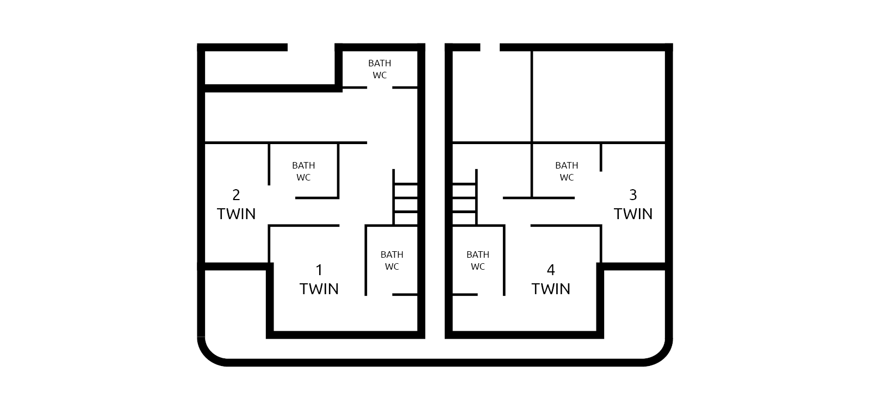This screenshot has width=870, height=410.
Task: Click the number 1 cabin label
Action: (319, 270)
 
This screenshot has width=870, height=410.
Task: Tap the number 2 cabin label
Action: (236, 195)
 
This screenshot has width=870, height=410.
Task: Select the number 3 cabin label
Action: (633, 195)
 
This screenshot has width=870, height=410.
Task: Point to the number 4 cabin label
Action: (551, 270)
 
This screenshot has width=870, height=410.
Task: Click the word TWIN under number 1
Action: (319, 289)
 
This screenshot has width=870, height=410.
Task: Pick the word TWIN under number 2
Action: (236, 214)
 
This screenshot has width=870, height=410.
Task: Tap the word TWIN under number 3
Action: (633, 214)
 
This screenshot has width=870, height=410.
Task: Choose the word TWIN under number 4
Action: (551, 289)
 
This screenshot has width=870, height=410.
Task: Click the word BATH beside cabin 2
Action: (304, 165)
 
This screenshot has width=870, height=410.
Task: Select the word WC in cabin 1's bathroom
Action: (392, 267)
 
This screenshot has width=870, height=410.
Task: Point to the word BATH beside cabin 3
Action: (567, 165)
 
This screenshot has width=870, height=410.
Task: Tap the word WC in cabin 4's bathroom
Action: (478, 267)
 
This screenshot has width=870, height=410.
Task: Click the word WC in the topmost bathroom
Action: (380, 76)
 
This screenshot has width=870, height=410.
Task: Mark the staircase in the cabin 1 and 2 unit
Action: (406, 197)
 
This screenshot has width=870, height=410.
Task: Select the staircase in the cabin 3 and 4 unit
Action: (465, 197)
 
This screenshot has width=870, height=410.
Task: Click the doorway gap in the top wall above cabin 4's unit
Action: (490, 47)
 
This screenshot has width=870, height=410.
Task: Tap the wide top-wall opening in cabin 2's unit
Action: (311, 47)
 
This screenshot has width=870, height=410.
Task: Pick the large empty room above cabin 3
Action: (599, 96)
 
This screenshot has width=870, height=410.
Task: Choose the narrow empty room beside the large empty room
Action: (492, 96)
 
